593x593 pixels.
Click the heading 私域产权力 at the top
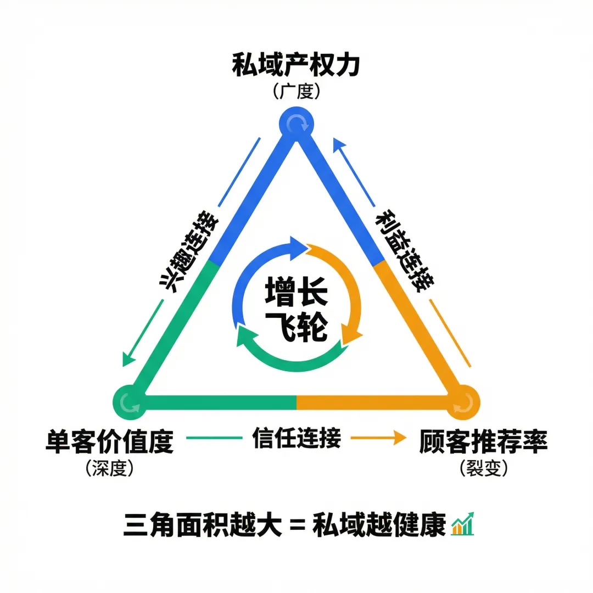[x=296, y=65]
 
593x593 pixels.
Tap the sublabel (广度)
[x=296, y=91]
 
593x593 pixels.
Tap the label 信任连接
[x=296, y=438]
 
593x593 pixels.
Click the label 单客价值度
[x=109, y=441]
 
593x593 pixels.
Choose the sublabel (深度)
[x=109, y=468]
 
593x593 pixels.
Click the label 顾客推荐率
[x=483, y=441]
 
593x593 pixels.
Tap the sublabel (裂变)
[x=483, y=468]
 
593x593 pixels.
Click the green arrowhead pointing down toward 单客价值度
[x=128, y=359]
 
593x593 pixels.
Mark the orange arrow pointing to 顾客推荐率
[x=379, y=438]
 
